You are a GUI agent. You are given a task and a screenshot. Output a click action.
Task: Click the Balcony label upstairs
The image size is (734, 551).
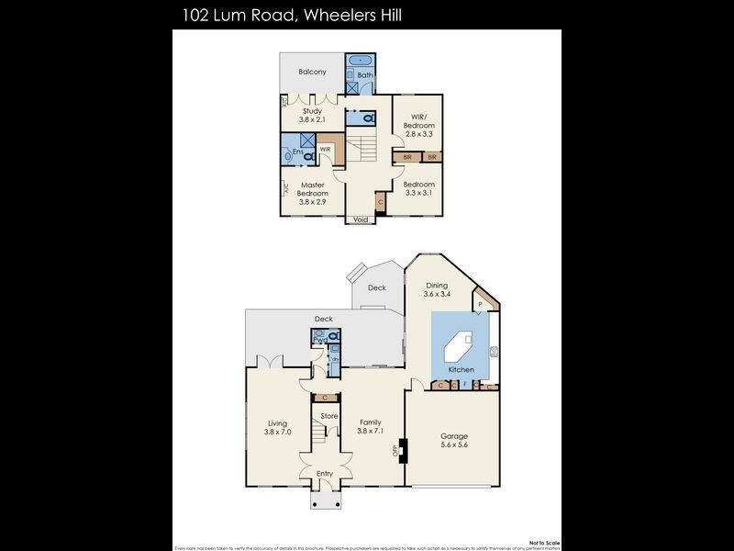[313, 72]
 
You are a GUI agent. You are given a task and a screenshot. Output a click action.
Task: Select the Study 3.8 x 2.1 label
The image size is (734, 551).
[313, 116]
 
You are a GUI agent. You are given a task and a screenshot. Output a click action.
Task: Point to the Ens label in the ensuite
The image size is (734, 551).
[298, 151]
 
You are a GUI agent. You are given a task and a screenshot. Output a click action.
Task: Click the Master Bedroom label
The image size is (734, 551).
[312, 193]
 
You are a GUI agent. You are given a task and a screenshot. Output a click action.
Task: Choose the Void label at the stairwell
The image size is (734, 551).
[361, 220]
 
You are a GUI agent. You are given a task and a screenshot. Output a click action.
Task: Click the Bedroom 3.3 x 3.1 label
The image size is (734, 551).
[419, 188]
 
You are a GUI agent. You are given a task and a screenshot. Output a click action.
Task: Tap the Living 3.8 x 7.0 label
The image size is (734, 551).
[277, 427]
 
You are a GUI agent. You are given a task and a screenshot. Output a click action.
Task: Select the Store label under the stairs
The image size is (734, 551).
[328, 416]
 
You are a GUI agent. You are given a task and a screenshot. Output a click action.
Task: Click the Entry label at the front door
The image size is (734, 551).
[325, 473]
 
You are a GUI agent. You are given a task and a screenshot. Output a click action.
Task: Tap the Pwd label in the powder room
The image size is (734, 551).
[320, 340]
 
